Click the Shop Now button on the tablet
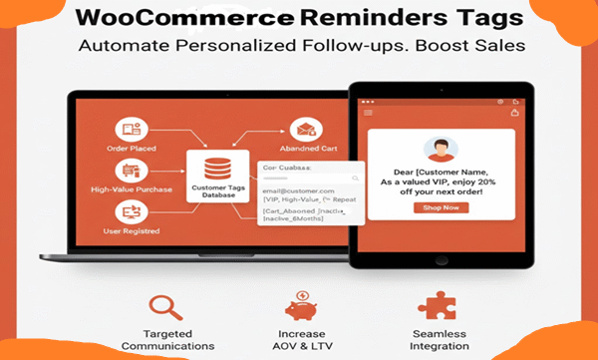(441, 207)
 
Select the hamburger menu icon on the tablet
(368, 114)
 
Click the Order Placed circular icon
(130, 130)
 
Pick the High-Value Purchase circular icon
(130, 170)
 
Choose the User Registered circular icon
(130, 210)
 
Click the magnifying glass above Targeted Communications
(166, 305)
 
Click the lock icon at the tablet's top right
(514, 114)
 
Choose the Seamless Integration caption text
(440, 339)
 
